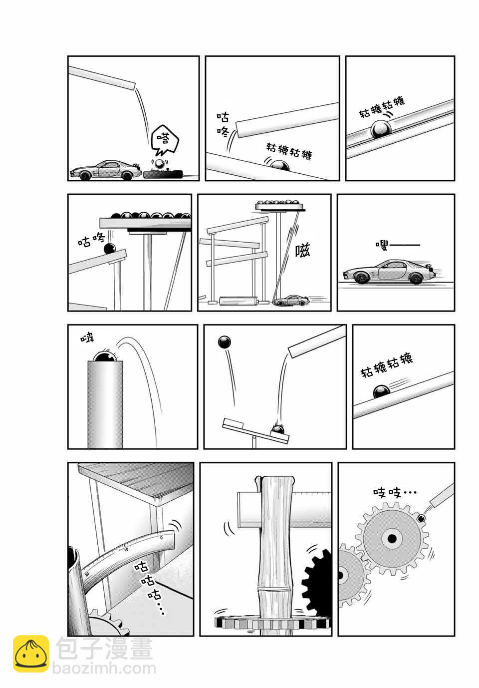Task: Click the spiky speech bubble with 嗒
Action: [x=164, y=141]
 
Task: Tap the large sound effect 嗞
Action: [x=302, y=250]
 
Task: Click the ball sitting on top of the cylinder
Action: [x=105, y=357]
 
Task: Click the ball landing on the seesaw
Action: [x=278, y=429]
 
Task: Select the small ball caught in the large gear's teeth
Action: [x=421, y=518]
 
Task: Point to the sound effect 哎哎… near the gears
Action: [x=395, y=493]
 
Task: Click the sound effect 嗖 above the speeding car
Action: [x=398, y=245]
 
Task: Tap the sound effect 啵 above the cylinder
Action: [x=87, y=339]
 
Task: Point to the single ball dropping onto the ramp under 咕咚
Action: [x=110, y=249]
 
